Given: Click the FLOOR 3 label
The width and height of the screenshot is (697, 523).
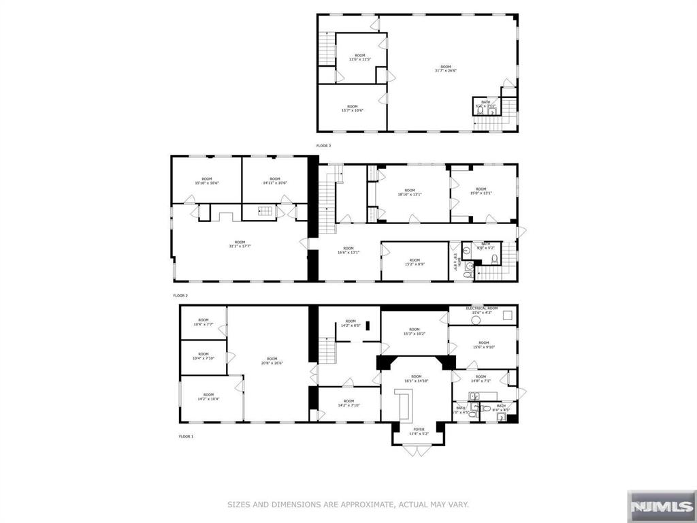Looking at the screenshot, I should click(x=323, y=146).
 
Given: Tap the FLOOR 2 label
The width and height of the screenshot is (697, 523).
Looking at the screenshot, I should click(x=180, y=296).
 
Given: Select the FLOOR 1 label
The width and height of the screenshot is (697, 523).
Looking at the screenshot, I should click(x=186, y=436).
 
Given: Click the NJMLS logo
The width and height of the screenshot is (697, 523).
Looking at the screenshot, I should click(x=660, y=506).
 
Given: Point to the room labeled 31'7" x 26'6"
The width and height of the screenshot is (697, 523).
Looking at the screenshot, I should click(x=445, y=68).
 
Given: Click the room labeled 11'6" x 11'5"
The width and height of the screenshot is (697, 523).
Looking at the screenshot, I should click(x=359, y=57).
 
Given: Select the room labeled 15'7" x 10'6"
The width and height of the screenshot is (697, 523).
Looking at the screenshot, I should click(x=352, y=108).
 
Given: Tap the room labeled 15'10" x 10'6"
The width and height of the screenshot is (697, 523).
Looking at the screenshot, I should click(x=206, y=180).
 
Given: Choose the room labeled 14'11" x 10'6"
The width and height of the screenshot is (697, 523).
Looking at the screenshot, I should click(x=274, y=180).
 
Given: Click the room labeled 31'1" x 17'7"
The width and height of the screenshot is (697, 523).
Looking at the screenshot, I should click(x=240, y=244).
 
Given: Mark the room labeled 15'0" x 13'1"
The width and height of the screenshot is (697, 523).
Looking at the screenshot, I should click(x=481, y=191).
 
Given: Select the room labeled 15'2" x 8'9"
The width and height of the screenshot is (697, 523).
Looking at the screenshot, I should click(x=415, y=261).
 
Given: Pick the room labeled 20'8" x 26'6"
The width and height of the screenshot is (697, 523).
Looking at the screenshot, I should click(x=272, y=361).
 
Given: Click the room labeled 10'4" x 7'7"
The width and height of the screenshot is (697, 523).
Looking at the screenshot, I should click(x=204, y=323).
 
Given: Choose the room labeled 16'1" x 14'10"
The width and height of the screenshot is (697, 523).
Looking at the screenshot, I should click(x=416, y=379).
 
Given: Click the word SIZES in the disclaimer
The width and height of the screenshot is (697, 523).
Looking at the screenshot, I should click(x=240, y=505).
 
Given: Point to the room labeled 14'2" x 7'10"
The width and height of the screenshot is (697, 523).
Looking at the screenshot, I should click(x=348, y=403).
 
